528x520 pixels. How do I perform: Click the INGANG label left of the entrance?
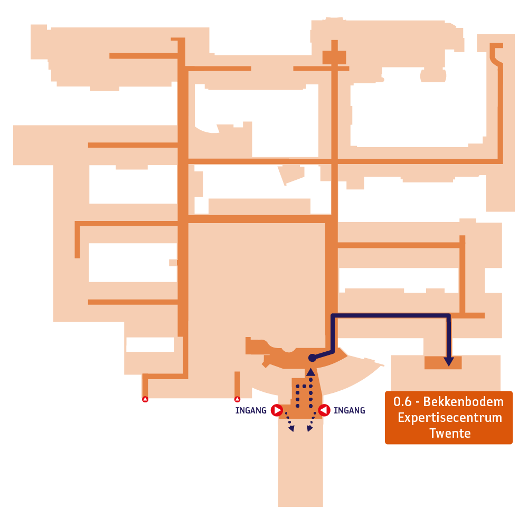pos(251,410)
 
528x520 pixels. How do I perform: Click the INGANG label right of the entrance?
pos(349,410)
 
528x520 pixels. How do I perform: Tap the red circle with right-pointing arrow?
pos(277,410)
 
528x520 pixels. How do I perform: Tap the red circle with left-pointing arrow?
pos(324,410)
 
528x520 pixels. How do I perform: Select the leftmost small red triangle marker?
pos(145,399)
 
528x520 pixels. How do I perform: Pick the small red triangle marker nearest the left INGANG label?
pos(238,399)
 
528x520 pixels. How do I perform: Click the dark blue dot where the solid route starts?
pos(312,358)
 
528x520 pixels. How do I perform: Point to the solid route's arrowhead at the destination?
pos(448,362)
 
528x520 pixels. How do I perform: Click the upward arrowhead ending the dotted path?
pos(310,372)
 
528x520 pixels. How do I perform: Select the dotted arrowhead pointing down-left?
pos(291,429)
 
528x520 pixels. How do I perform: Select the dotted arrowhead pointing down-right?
pos(309,429)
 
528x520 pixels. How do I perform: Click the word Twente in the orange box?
pos(450,433)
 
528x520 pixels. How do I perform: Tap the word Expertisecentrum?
pos(450,418)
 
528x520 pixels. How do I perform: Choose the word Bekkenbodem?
pos(464,402)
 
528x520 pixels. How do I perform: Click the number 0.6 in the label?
pos(402,402)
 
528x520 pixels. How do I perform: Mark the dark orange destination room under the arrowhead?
pos(443,363)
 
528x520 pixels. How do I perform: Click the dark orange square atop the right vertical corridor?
pos(334,57)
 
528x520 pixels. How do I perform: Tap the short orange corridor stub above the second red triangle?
pos(238,384)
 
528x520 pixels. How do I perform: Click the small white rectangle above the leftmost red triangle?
pos(150,344)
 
